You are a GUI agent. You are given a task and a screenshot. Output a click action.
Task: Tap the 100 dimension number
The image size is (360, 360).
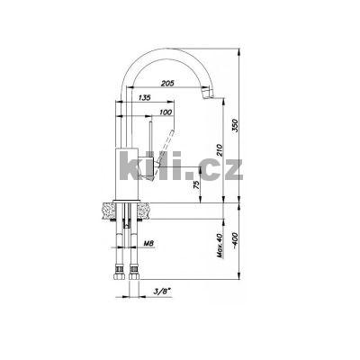pyautogui.click(x=165, y=112)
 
